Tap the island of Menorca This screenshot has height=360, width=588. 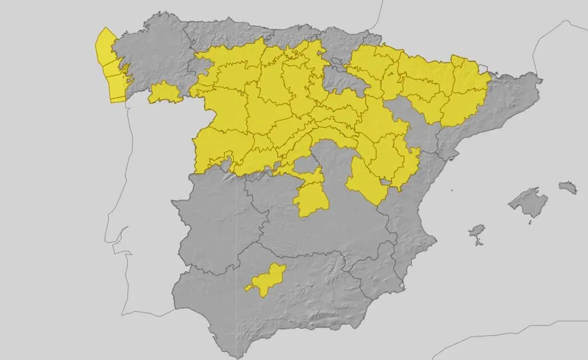pos(568,188)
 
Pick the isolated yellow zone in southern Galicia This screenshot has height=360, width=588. pos(165,93)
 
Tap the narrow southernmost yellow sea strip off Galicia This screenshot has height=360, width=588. pos(118,99)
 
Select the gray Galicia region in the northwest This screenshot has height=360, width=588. pos(150,55)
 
